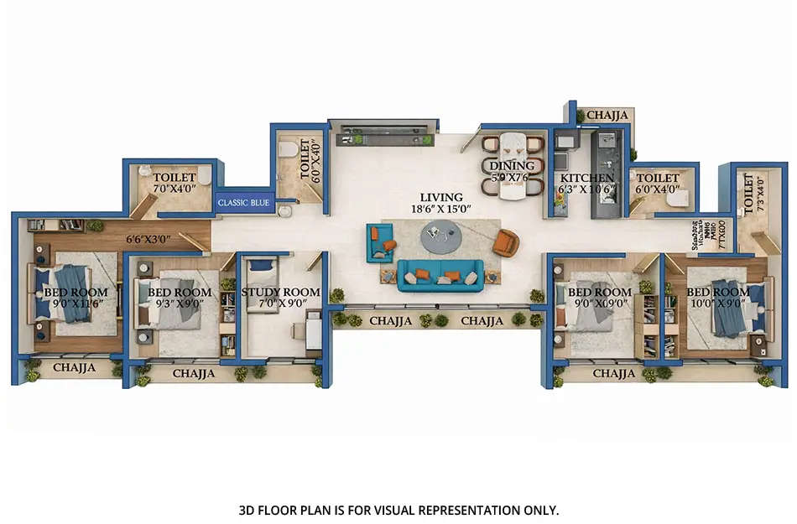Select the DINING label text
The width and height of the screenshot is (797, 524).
pos(508,166)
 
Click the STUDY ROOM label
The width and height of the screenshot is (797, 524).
pos(280,292)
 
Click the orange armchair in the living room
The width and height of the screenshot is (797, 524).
pos(505,241)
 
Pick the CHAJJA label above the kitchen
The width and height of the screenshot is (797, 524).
pos(604,115)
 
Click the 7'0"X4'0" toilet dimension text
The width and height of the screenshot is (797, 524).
pos(174,190)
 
